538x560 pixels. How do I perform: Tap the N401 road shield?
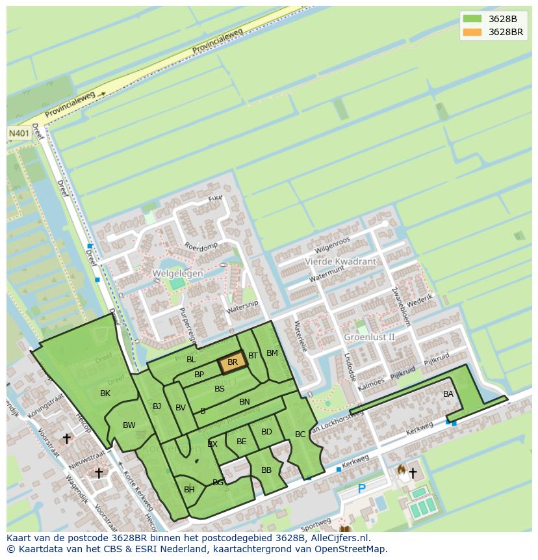(x=19, y=133)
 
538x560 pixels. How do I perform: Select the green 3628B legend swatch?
(x=472, y=19)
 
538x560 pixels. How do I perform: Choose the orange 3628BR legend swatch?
(x=472, y=32)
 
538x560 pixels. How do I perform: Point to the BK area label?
(x=105, y=393)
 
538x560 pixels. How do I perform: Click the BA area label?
(x=448, y=394)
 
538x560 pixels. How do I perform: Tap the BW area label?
(x=129, y=425)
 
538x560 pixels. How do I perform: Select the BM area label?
(x=272, y=353)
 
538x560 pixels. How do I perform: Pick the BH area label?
(x=189, y=490)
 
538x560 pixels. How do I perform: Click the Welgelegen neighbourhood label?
(x=177, y=274)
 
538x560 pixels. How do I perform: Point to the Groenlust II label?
(x=369, y=337)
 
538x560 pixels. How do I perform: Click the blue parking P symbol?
(x=361, y=489)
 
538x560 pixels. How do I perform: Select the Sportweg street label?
(x=316, y=524)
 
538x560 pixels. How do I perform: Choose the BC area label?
(x=300, y=434)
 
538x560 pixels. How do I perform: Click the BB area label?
(x=266, y=470)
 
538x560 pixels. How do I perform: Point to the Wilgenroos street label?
(x=332, y=245)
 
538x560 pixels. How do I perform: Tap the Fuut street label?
(x=214, y=198)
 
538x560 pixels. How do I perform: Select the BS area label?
(x=220, y=389)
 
